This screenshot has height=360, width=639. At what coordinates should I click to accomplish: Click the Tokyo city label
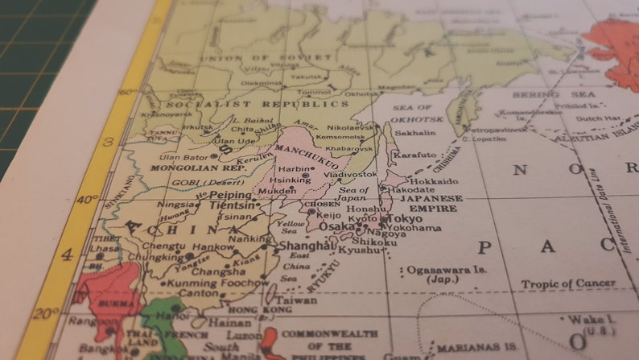click(405, 219)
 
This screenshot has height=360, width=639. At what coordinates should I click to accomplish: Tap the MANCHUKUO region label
click(306, 151)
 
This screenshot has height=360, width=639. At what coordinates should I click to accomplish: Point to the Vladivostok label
click(350, 174)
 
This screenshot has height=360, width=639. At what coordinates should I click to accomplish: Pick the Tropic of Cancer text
click(567, 283)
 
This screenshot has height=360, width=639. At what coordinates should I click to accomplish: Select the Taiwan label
click(300, 300)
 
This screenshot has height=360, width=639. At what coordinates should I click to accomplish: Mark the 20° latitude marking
click(47, 314)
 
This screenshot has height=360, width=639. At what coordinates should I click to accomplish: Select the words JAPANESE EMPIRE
click(431, 203)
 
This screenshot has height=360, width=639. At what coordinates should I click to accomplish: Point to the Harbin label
click(292, 169)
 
